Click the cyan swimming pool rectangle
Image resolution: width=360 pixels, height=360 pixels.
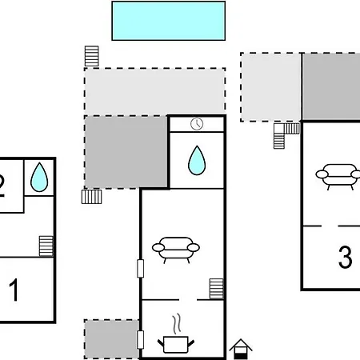pos(169,21)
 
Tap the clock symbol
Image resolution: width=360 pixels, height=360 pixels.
pos(197,124)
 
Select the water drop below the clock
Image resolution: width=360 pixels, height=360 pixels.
pos(197,161)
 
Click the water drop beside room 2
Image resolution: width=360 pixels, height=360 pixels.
pos(39,178)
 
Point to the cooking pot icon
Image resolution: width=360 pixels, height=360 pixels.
pos(176,345)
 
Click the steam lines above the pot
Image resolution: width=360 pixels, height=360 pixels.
pos(176,324)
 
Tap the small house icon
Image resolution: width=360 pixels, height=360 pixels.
pos(241,349)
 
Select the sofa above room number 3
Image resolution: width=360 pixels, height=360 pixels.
pos(338,176)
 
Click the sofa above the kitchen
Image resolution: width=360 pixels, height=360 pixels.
pos(176,250)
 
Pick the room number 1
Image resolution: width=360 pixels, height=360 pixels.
pos(14,290)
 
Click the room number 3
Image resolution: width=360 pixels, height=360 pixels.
pos(345,257)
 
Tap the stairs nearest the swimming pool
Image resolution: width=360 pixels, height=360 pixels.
pos(92,56)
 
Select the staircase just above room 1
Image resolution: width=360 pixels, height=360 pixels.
pos(46,246)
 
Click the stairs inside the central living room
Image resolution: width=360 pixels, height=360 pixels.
pos(216,289)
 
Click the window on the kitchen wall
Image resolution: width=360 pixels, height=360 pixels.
pos(140,340)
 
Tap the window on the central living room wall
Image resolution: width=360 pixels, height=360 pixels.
pos(140,268)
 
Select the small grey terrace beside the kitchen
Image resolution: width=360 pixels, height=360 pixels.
pos(111,339)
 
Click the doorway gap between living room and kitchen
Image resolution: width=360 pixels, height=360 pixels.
pos(188,300)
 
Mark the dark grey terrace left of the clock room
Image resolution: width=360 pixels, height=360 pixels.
pos(126,153)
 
